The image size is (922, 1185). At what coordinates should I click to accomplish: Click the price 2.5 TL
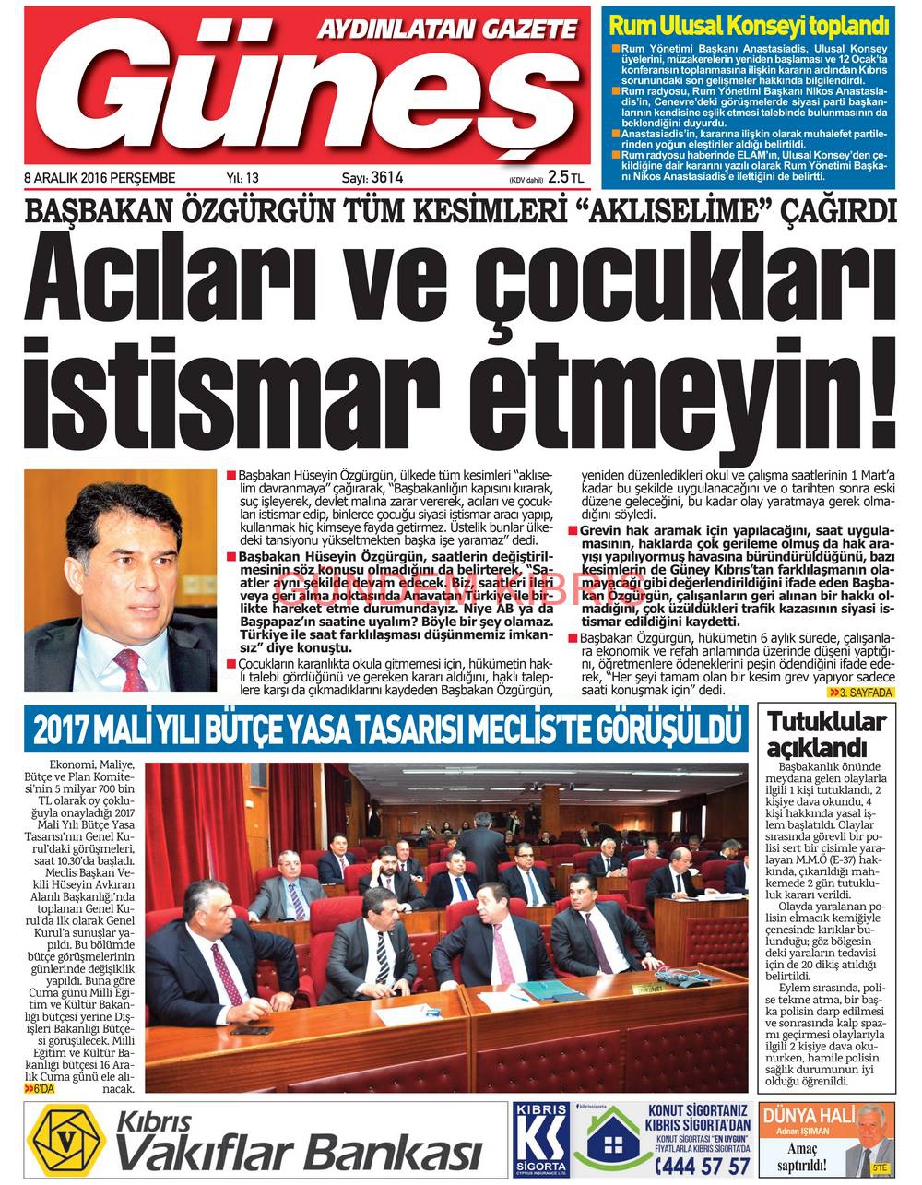[565, 177]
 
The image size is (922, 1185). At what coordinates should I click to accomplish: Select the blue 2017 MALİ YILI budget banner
[387, 729]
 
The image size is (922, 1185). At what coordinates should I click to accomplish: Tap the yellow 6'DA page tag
[42, 1089]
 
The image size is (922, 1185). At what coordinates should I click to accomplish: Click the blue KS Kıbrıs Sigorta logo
[541, 1141]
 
